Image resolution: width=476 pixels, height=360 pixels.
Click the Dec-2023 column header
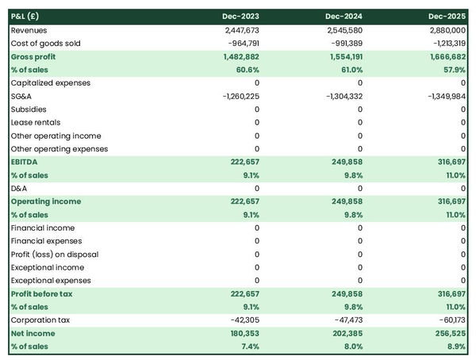(x=241, y=17)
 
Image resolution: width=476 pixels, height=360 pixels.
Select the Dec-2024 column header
(x=344, y=17)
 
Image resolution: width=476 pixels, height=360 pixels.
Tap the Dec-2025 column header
(x=447, y=17)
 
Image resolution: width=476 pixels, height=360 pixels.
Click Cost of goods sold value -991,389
(x=344, y=43)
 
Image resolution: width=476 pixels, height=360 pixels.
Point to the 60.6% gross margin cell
(x=247, y=70)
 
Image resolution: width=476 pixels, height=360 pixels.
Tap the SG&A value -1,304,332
(x=339, y=96)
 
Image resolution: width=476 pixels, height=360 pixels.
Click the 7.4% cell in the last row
(x=249, y=347)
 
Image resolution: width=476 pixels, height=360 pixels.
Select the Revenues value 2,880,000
(x=446, y=30)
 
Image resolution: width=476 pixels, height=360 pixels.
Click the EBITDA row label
(x=25, y=162)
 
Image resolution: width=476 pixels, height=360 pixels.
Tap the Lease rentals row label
(x=33, y=122)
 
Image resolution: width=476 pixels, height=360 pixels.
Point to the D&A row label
(x=18, y=188)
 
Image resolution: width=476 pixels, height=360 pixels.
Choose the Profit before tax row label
(x=42, y=294)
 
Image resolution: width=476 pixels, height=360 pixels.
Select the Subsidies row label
(x=29, y=109)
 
